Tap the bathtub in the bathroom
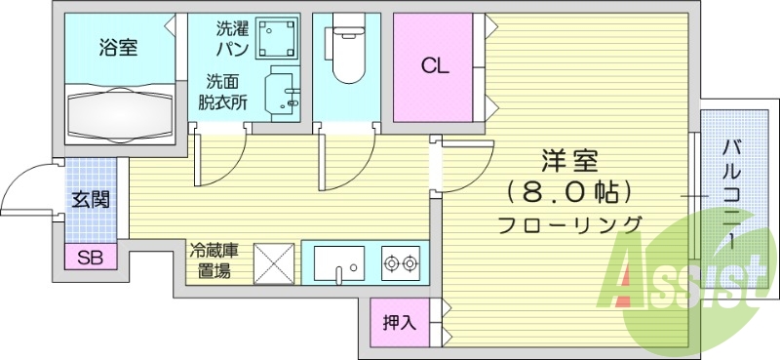[x=121, y=111]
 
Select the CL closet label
[x=434, y=66]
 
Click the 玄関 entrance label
[x=90, y=199]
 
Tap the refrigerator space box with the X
[x=274, y=262]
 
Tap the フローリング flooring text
[x=570, y=224]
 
